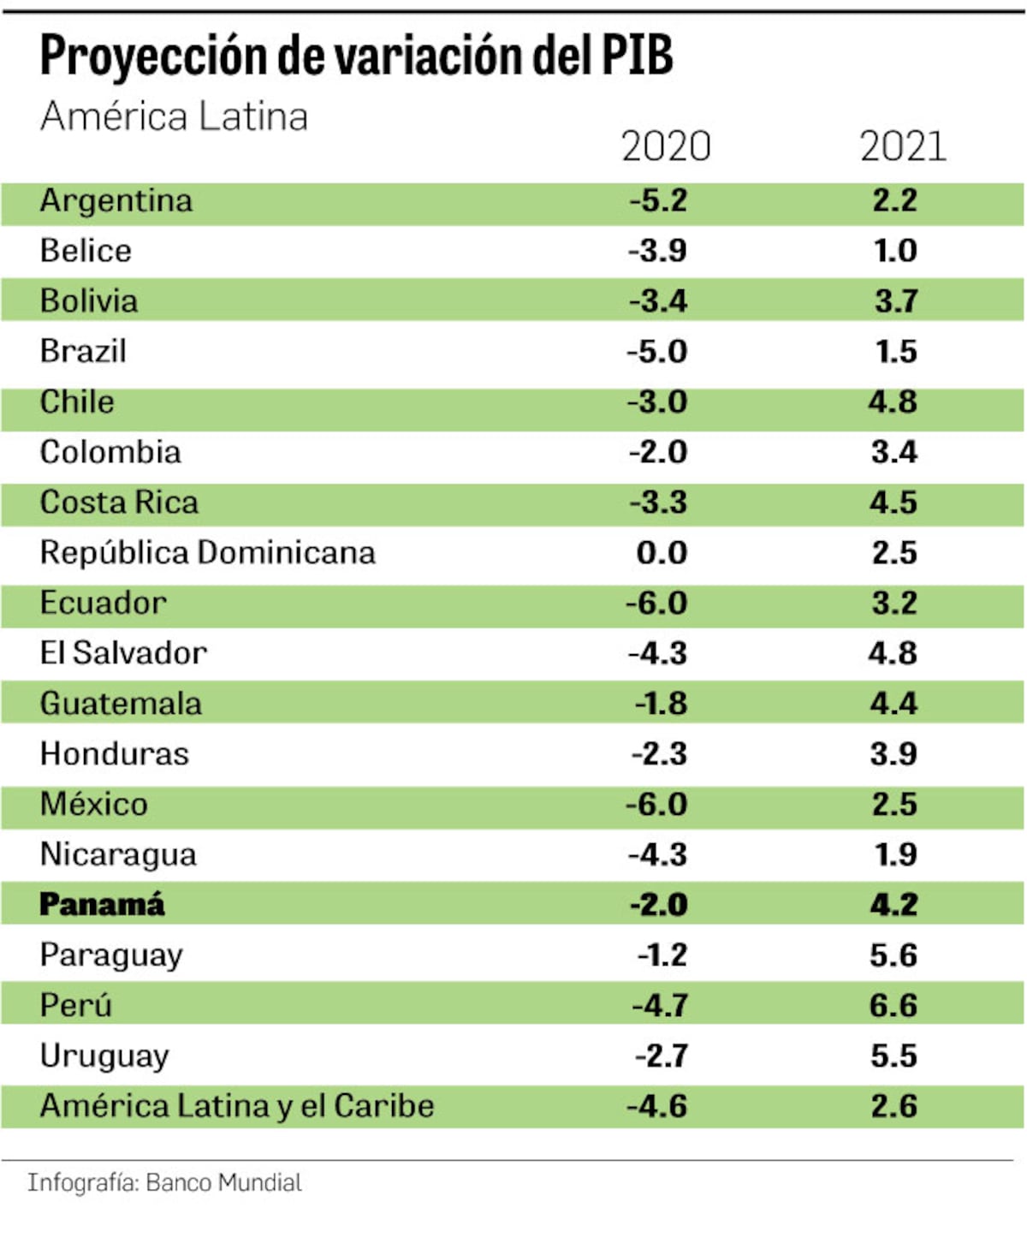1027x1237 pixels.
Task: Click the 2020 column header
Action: [666, 146]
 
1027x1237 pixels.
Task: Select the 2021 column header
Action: [903, 146]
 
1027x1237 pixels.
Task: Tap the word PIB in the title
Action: [636, 56]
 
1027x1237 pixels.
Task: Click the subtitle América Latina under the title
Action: [174, 116]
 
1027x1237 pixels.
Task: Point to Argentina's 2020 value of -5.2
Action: [658, 200]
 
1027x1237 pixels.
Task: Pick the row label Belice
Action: [86, 251]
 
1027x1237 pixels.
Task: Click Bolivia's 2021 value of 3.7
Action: [895, 301]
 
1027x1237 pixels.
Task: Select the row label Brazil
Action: [83, 351]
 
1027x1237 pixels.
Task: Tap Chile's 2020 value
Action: [657, 401]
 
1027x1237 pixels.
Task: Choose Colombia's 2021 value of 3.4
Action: [894, 452]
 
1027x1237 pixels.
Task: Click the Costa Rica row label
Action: [119, 503]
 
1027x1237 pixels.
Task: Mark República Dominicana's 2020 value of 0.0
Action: [662, 553]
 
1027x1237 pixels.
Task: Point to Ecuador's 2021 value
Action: [894, 603]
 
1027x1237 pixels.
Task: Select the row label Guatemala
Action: [121, 704]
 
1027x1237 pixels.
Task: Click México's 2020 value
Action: [656, 805]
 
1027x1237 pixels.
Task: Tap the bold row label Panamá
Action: [102, 905]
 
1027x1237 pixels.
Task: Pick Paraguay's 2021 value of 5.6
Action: [893, 955]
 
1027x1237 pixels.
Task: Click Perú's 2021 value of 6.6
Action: [893, 1005]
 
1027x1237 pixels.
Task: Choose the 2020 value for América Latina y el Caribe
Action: [657, 1106]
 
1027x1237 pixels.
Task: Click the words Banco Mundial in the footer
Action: [223, 1183]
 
